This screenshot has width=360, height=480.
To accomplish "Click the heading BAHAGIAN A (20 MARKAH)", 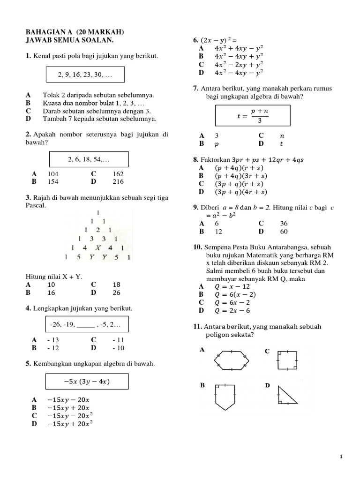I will click(x=75, y=32).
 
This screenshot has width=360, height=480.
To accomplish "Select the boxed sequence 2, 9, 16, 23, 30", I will click(x=85, y=75).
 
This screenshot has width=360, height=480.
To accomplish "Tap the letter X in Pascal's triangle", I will click(x=98, y=248).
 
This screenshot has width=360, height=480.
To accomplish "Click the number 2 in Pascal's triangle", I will click(x=97, y=230).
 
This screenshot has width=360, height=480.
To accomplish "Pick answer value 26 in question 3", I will click(x=117, y=292).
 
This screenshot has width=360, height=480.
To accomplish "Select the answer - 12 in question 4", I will click(x=54, y=348).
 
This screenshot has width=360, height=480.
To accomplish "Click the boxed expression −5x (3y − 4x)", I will click(x=86, y=381).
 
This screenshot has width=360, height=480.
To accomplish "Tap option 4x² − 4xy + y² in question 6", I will click(x=239, y=56).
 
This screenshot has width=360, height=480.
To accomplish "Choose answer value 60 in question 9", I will click(x=284, y=232).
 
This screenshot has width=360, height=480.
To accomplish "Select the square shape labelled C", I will click(x=286, y=360).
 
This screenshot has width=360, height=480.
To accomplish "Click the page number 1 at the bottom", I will click(x=341, y=456).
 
